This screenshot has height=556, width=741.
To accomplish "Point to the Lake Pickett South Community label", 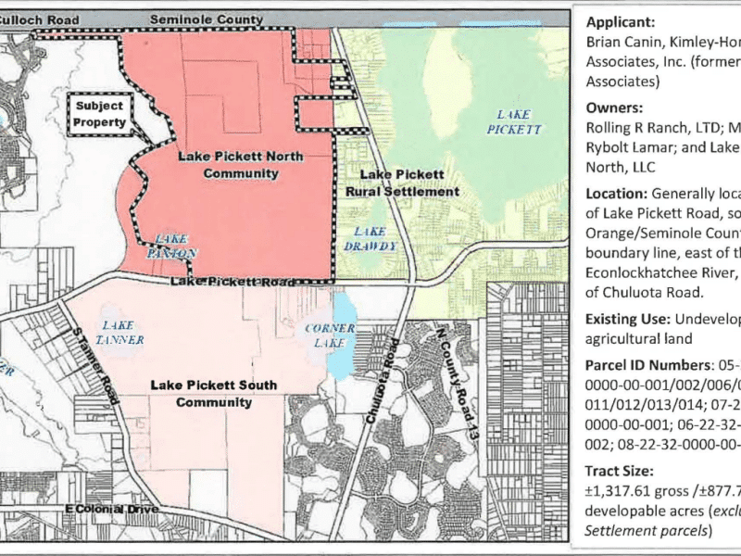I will point(201,392).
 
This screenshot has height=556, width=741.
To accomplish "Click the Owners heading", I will point(611,107).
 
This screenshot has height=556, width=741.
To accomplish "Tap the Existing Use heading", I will point(625,320).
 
